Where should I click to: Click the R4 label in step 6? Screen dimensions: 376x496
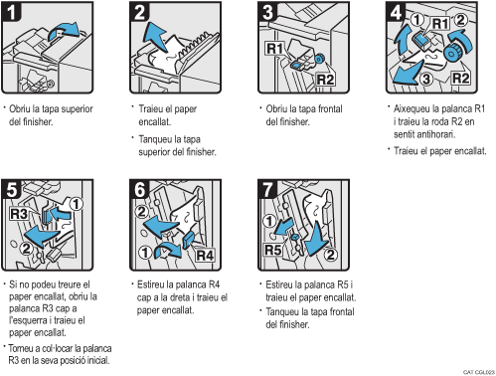tap(204, 254)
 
